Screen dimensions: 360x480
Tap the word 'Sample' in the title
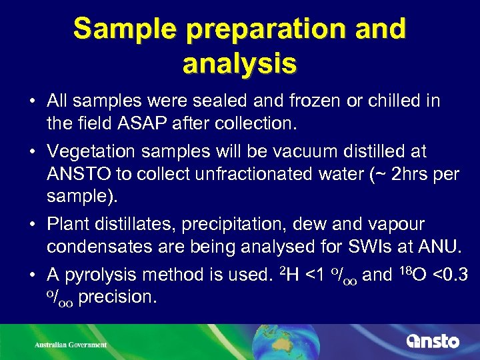click(x=117, y=29)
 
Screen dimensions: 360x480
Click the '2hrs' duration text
click(x=406, y=175)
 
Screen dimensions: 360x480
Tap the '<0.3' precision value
click(x=447, y=275)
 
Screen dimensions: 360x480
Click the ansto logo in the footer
click(x=433, y=341)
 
